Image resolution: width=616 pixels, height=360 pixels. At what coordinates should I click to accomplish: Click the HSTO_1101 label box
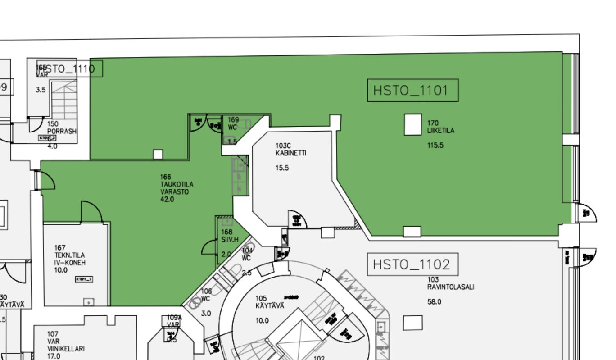point(412,91)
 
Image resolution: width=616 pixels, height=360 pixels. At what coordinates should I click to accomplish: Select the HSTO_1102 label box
point(412,264)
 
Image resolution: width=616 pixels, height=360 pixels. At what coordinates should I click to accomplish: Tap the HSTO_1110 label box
point(70,68)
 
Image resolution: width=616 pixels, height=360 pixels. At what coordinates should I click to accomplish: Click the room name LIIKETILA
point(441,131)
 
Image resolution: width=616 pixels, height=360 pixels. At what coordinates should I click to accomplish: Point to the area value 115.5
point(435,145)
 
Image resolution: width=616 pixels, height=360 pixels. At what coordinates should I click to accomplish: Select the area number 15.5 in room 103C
point(282,168)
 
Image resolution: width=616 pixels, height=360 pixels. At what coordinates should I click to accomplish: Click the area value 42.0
point(167,199)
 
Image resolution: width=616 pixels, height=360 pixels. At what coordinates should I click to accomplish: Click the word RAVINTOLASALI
point(451,287)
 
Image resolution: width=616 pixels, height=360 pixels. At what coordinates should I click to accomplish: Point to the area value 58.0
point(435,302)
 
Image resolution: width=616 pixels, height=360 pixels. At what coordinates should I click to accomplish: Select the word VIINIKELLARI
point(66,349)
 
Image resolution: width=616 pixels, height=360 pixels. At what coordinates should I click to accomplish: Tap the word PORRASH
point(62,132)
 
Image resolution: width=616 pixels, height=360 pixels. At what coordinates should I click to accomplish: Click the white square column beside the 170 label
point(412,124)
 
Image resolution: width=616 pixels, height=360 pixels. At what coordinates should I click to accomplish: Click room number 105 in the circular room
point(261,298)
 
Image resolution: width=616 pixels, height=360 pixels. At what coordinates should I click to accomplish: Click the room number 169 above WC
point(233,120)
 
